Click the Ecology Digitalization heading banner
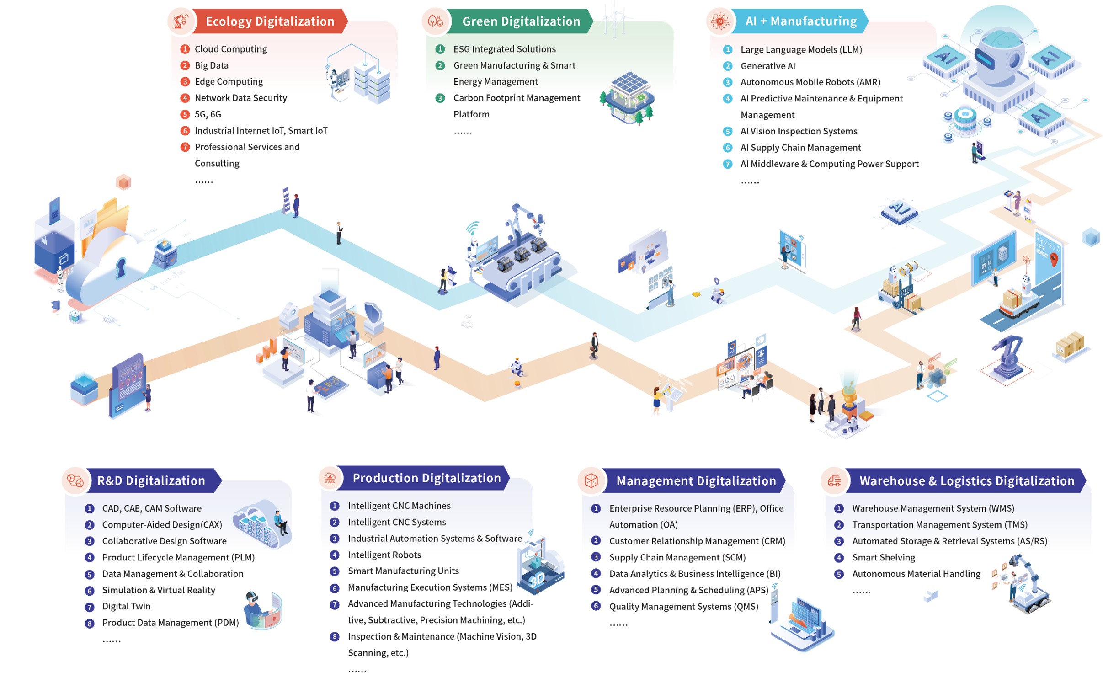[x=269, y=21]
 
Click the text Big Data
[x=211, y=65]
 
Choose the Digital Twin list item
[x=126, y=606]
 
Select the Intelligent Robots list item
[x=384, y=555]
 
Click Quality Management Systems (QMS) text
[x=683, y=606]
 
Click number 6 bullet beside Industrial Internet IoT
[x=185, y=131]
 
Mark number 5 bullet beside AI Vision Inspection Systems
[x=727, y=131]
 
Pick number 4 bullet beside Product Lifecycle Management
[x=90, y=557]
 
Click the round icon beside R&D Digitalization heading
[x=75, y=480]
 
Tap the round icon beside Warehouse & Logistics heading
[x=833, y=480]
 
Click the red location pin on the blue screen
[x=1053, y=259]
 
